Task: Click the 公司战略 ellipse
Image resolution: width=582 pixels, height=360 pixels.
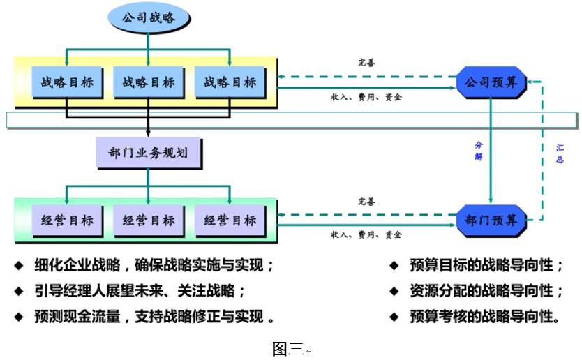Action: [x=148, y=19]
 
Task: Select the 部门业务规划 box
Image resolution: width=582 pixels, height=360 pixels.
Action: [x=147, y=152]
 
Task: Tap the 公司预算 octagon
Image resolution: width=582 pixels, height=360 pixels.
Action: [x=491, y=82]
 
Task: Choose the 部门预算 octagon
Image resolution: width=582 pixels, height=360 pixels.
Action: [x=491, y=220]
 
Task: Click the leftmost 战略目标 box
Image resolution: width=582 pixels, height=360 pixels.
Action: [x=66, y=82]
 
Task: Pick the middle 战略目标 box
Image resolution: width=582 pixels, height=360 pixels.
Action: [x=148, y=82]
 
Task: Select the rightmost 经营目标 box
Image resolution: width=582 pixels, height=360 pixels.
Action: [x=230, y=220]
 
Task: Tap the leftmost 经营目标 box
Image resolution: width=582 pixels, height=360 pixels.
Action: [x=66, y=220]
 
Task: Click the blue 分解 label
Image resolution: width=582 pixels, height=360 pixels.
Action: [x=479, y=151]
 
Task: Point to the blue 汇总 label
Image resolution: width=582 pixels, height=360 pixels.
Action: [x=560, y=153]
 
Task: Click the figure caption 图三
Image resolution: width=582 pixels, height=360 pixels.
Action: [x=288, y=348]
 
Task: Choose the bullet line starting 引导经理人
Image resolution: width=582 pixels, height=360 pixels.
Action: [x=140, y=290]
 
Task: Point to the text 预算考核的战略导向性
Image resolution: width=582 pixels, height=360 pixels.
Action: [x=484, y=316]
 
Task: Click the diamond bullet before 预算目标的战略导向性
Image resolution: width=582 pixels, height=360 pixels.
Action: [x=394, y=265]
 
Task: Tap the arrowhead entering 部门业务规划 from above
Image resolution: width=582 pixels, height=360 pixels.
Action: [x=148, y=133]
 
